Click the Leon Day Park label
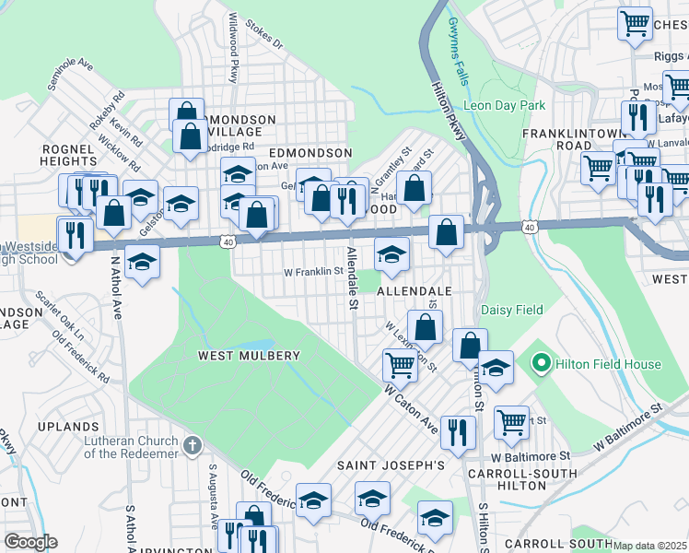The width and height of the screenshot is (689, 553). coord(505,106)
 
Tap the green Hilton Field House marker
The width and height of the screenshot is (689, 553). coord(542,364)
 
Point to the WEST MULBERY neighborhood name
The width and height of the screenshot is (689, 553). coord(249,355)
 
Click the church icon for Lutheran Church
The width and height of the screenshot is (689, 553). coord(192,446)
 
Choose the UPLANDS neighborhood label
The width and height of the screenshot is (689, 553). coord(68,428)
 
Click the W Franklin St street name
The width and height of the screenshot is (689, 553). coord(312,272)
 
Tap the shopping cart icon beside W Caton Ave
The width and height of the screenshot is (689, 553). coord(400,366)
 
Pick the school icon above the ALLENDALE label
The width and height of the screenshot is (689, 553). coord(391,255)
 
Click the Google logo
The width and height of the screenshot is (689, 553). coord(30,541)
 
